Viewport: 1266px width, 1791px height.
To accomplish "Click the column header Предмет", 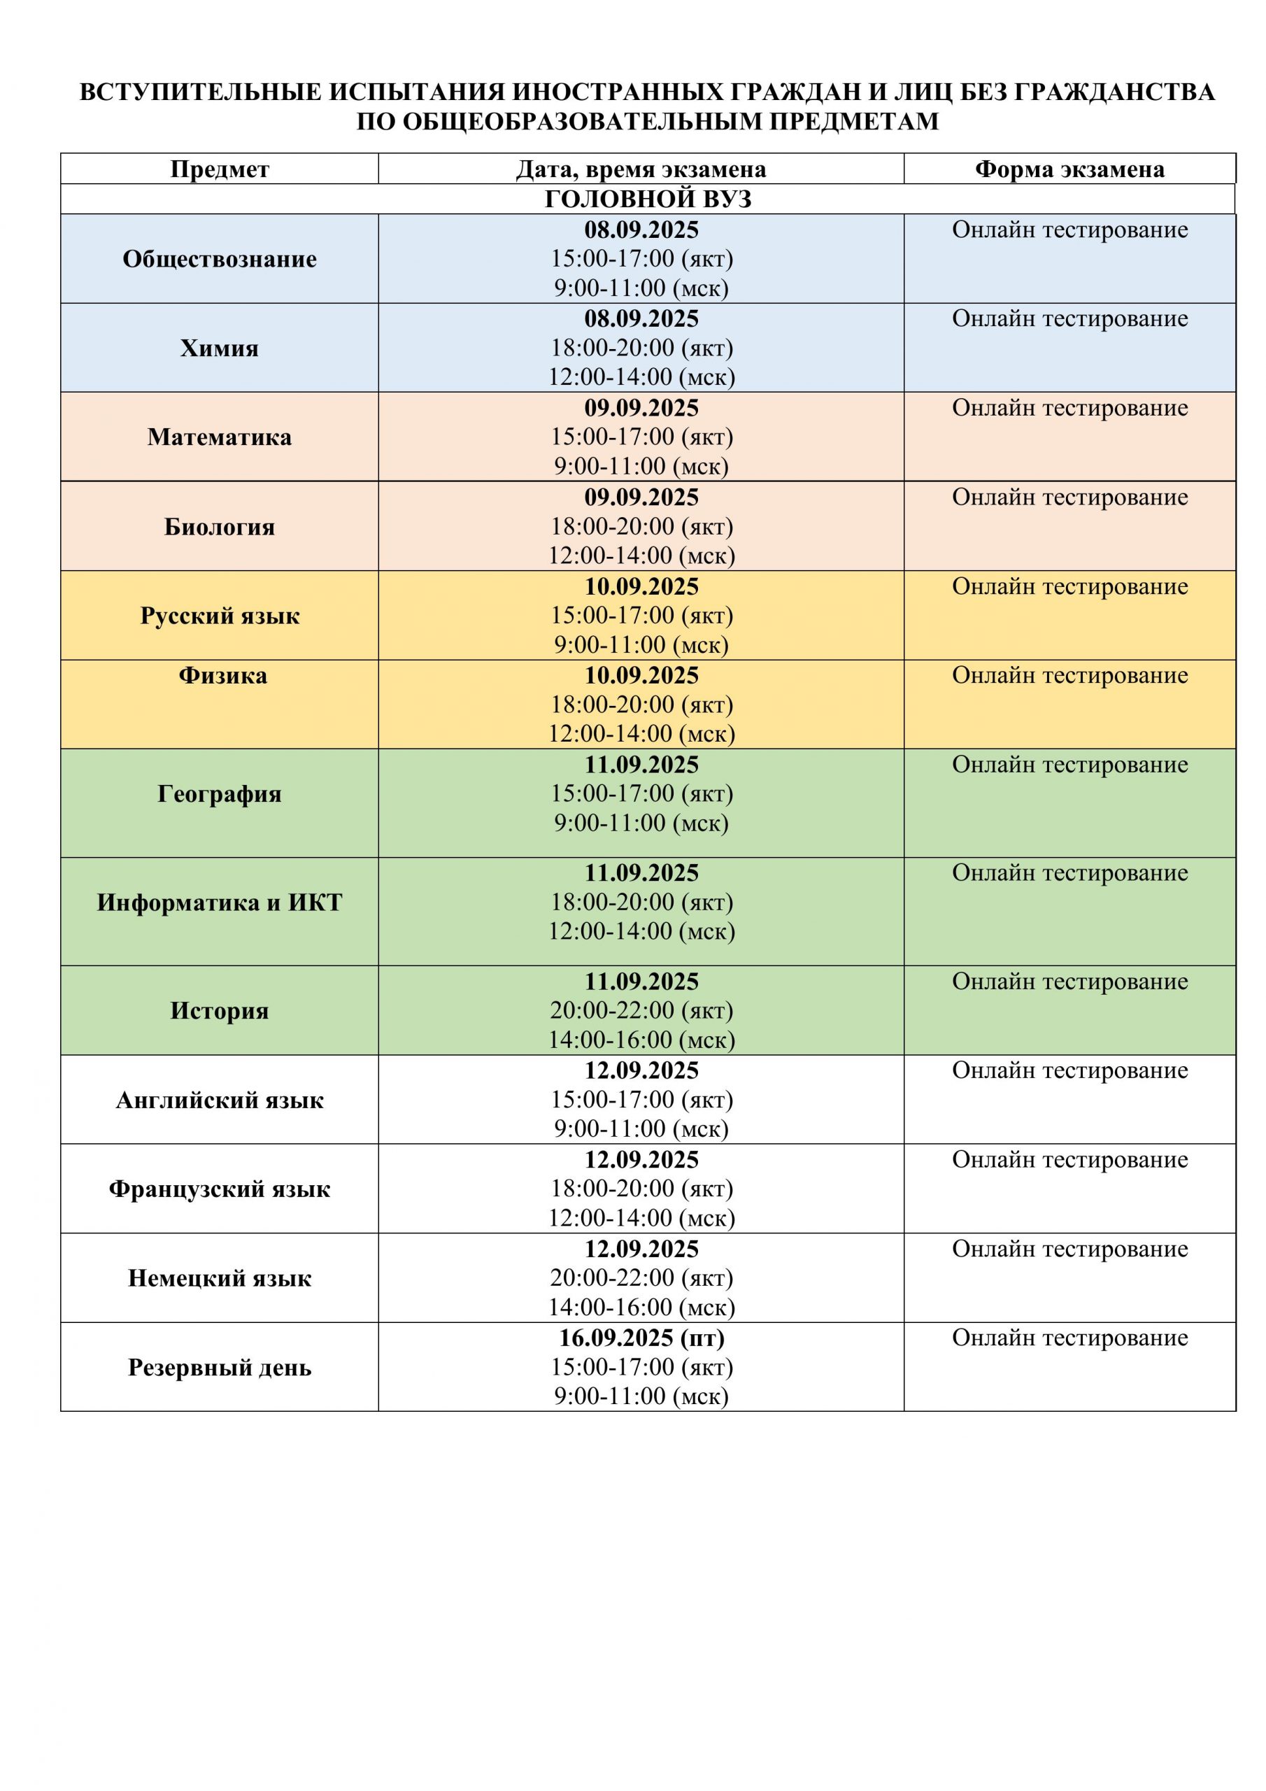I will point(219,169).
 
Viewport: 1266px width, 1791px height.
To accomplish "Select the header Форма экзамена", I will point(1069,169).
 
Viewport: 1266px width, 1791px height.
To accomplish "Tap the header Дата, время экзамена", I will point(641,169).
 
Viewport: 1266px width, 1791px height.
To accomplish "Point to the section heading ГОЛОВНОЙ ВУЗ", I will point(648,199).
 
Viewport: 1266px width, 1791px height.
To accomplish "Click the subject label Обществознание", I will point(219,259).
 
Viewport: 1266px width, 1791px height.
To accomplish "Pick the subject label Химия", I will point(219,348).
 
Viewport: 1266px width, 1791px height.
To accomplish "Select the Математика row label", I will point(219,437).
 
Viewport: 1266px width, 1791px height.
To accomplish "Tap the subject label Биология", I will point(219,527).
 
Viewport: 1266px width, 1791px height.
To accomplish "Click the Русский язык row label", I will point(219,616).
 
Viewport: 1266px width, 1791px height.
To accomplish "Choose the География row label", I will point(219,794).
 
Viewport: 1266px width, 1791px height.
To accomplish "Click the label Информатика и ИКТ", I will point(219,902).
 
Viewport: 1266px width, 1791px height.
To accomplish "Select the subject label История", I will point(219,1011).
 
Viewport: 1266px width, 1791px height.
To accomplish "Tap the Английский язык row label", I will point(219,1100).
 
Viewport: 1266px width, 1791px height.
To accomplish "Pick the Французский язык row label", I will point(219,1189).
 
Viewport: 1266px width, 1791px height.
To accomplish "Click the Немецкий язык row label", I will point(219,1277).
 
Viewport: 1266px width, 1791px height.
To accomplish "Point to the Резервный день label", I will point(219,1368).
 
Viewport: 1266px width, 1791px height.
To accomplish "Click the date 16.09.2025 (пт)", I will point(641,1338).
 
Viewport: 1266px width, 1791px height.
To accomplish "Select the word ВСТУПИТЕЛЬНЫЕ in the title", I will point(201,92).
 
